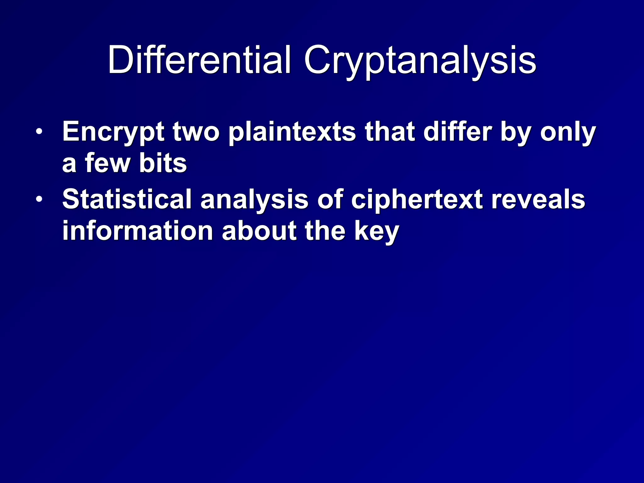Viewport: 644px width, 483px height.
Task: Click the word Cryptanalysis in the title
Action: pyautogui.click(x=419, y=60)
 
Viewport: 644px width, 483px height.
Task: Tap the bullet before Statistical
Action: pyautogui.click(x=39, y=199)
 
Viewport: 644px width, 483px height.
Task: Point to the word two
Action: pyautogui.click(x=196, y=132)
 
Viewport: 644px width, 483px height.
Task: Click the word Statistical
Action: pyautogui.click(x=127, y=199)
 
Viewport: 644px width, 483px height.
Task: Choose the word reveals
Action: pyautogui.click(x=538, y=199)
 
